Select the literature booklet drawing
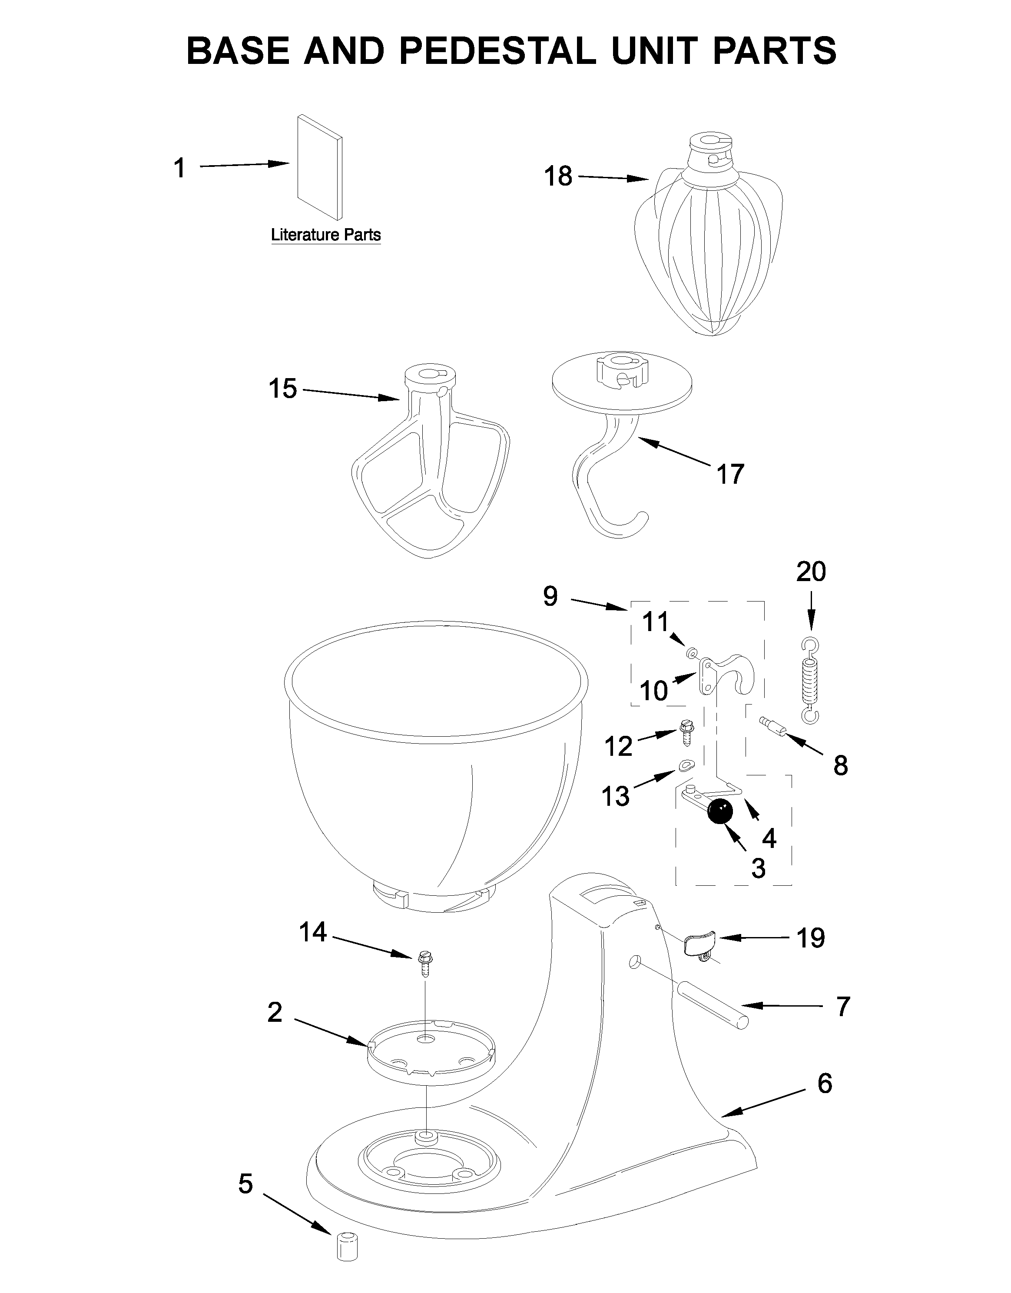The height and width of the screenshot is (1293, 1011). point(320,167)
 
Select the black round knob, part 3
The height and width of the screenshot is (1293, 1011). point(720,811)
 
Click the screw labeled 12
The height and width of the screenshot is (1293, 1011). point(686,734)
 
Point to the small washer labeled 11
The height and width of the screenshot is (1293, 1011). point(691,652)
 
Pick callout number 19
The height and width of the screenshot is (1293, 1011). point(810,938)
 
